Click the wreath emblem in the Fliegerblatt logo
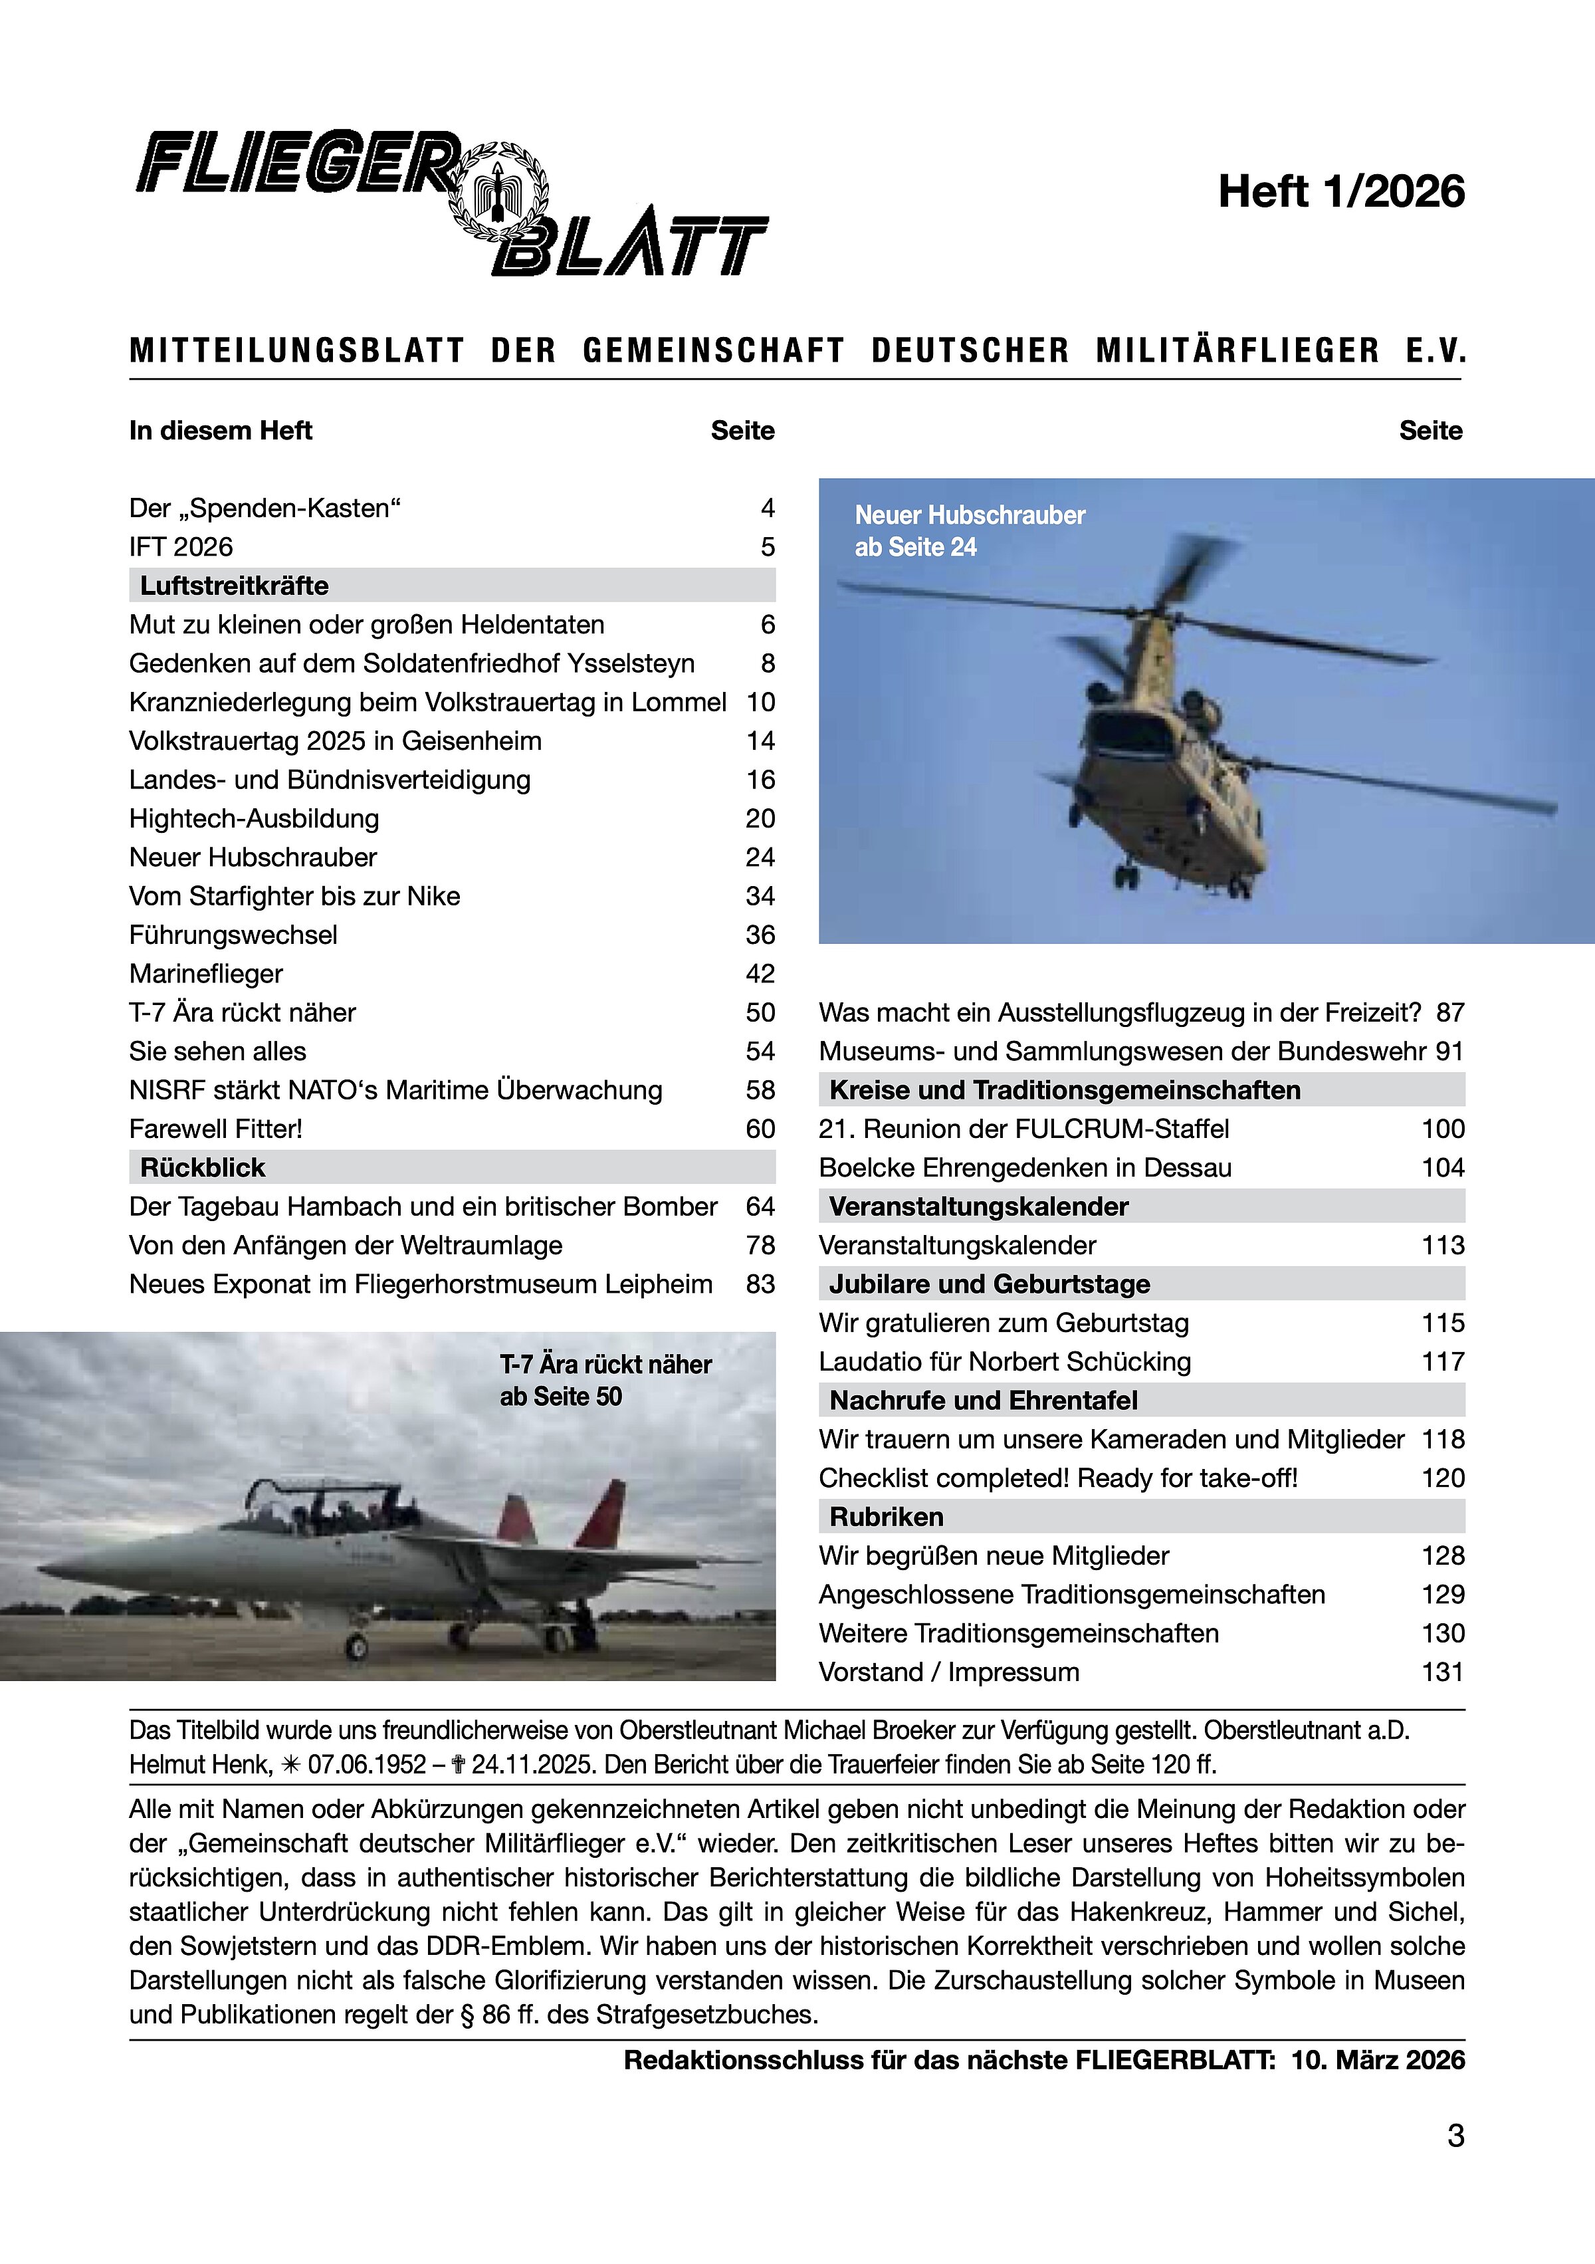pos(498,191)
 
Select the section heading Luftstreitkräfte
pos(235,586)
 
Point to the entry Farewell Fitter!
pos(216,1129)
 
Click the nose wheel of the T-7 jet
pos(356,1644)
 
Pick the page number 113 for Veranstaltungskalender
pos(1442,1246)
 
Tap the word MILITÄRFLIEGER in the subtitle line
pos(1237,351)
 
